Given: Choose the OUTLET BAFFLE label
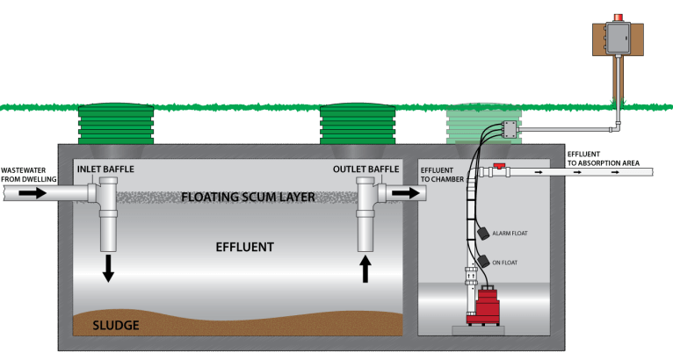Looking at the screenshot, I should [362, 169].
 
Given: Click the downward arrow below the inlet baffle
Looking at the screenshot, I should [108, 268].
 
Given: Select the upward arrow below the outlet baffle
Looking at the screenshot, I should [366, 268].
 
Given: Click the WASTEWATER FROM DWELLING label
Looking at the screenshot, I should [28, 174].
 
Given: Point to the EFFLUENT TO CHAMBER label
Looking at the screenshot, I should [438, 174].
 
